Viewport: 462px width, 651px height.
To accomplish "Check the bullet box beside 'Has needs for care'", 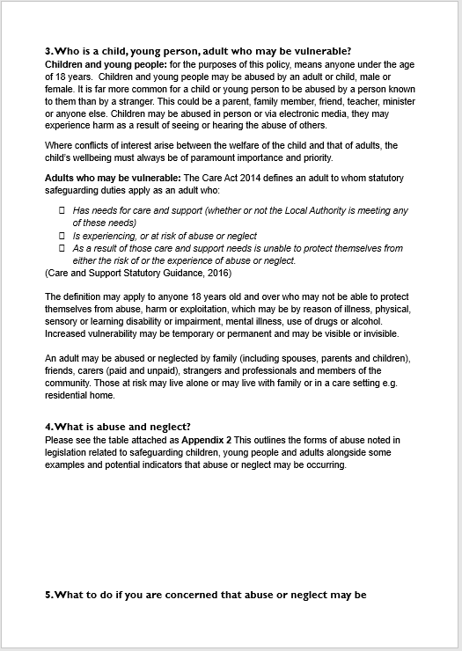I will pos(62,211).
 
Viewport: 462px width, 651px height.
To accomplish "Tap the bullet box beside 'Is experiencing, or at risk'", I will pos(62,236).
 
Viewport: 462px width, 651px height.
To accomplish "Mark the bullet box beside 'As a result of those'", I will pos(62,249).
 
